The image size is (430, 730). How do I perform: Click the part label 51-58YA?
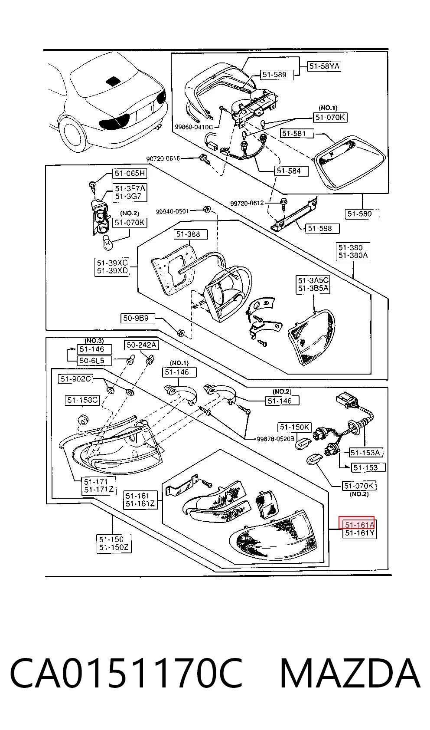coord(324,66)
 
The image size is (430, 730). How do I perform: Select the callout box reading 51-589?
coord(274,75)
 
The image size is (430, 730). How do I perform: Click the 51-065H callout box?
coord(130,173)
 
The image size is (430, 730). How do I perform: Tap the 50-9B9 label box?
coord(138,318)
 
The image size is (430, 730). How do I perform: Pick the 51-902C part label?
coord(75,379)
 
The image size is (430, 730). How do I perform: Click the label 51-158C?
coord(82,400)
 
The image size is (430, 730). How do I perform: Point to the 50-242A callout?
coord(142,345)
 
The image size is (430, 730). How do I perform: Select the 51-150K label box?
coord(294,427)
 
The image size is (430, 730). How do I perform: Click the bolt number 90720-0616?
coord(163,158)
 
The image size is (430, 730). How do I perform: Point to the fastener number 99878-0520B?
coord(275,439)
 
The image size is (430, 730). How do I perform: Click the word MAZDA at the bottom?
coord(350,673)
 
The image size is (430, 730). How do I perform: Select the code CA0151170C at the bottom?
coord(126,673)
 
